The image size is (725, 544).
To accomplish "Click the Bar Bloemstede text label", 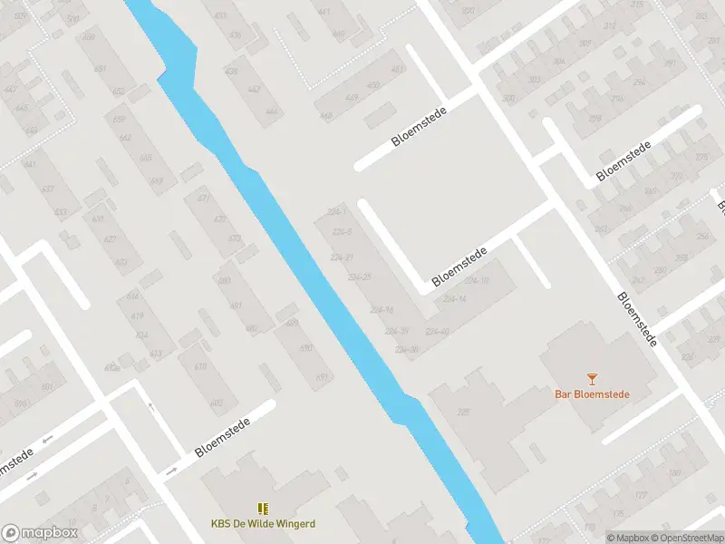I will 592,394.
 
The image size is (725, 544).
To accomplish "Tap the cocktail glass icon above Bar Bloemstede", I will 592,378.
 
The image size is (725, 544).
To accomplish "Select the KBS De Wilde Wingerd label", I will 263,523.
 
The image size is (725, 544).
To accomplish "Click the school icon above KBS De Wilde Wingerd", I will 263,509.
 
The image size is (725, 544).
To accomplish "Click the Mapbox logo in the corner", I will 38,533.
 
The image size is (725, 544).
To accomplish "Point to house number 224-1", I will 336,212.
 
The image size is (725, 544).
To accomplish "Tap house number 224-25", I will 360,277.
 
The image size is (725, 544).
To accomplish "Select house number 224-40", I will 437,331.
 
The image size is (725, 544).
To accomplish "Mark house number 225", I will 464,413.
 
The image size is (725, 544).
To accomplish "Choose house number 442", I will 254,89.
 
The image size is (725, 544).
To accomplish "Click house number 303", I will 534,80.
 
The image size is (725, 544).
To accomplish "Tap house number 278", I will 595,119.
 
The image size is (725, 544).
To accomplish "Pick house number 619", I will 138,316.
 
